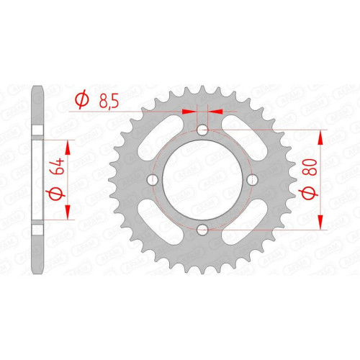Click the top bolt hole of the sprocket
[202, 130]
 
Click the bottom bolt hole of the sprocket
[202, 230]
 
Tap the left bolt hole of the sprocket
[153, 179]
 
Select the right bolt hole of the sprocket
[252, 179]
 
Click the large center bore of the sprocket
[202, 179]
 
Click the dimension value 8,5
[109, 102]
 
